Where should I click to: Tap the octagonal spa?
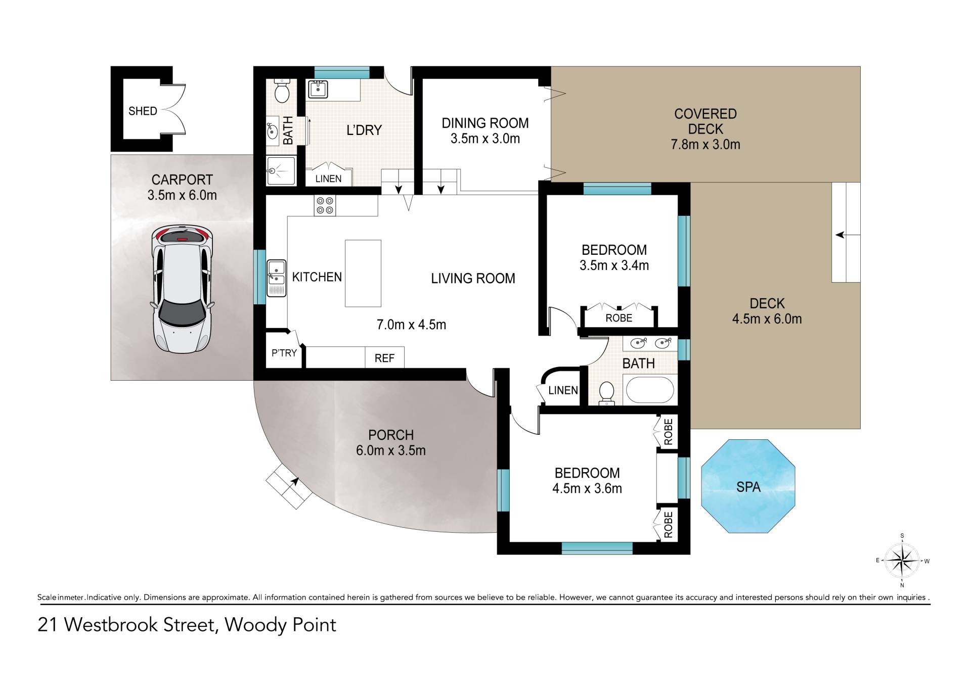coord(748,486)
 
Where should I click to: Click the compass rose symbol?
coord(902,560)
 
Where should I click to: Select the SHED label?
coord(143,111)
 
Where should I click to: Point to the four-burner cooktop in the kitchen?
coord(324,205)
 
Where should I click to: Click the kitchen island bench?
coord(363,273)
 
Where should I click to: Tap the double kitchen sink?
coord(277,278)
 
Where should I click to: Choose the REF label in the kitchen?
coord(384,358)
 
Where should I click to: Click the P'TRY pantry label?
coord(284,353)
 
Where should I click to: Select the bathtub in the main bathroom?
coord(650,389)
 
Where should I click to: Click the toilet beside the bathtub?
coord(606,393)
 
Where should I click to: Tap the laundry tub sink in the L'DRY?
coord(318,89)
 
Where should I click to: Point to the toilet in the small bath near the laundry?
coord(281,90)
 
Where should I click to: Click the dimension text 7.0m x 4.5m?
coord(411,325)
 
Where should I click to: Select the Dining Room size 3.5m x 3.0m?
coord(485,139)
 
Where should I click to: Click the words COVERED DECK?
coord(705,121)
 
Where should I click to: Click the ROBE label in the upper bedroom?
coord(619,317)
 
